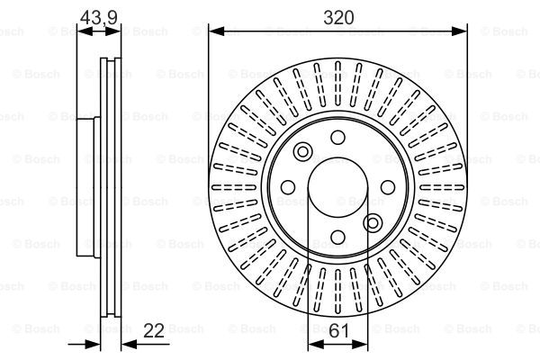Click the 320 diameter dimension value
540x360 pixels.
tap(338, 17)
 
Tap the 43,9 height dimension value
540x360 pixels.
tap(99, 18)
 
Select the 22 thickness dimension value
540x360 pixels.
tap(154, 330)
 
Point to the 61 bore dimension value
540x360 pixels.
tap(339, 330)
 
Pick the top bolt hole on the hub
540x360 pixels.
tap(337, 138)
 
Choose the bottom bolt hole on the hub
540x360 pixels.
tap(337, 237)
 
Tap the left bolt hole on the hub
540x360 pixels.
tap(288, 187)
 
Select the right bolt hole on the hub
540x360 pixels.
tap(388, 187)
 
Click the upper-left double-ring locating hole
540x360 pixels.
tap(303, 151)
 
